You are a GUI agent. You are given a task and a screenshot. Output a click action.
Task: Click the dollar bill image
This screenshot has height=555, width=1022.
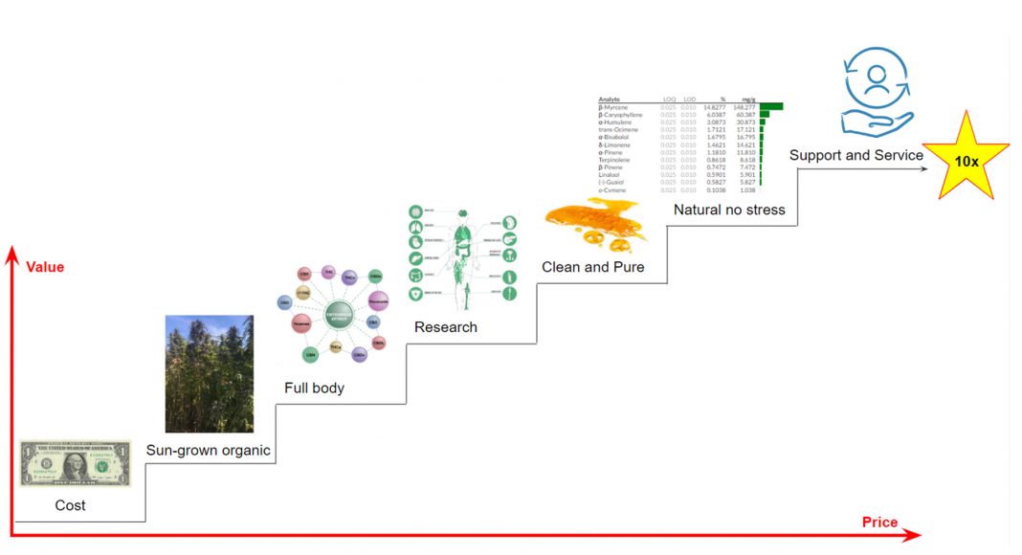[x=76, y=464]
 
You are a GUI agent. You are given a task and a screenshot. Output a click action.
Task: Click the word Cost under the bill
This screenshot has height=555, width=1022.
[x=69, y=505]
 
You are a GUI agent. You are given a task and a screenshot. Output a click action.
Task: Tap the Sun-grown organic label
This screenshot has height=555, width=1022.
[x=208, y=451]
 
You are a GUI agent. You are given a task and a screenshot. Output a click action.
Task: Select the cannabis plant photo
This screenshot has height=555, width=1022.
[x=210, y=374]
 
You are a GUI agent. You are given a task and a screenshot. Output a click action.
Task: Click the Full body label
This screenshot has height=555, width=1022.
[x=314, y=388]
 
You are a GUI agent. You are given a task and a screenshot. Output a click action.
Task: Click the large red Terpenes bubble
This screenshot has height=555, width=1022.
[x=300, y=325]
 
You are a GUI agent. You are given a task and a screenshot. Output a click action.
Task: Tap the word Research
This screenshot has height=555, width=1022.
[x=445, y=327]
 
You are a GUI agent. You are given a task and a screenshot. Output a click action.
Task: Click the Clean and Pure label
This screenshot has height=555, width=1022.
[x=592, y=267]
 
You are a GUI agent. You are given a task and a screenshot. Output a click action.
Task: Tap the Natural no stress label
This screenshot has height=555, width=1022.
[x=728, y=210]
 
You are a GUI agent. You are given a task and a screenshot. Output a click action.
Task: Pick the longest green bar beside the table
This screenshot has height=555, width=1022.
[x=771, y=107]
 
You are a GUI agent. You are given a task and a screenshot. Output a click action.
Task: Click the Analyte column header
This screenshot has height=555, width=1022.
[x=611, y=100]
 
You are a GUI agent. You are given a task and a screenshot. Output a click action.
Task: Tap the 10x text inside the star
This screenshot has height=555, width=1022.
[x=966, y=161]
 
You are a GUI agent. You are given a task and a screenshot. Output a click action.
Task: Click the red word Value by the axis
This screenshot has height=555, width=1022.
[x=45, y=267]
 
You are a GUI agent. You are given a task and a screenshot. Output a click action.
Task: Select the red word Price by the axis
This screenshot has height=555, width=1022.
[x=879, y=522]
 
